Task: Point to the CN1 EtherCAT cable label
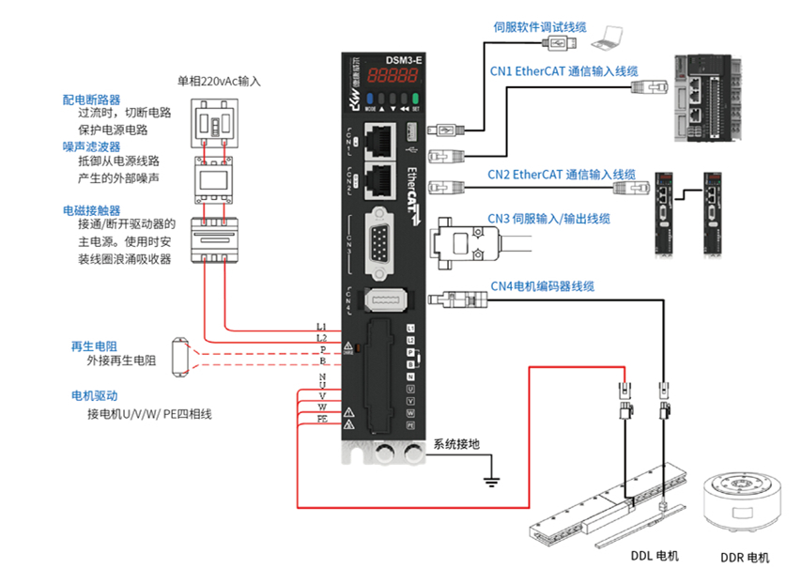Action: [x=563, y=70]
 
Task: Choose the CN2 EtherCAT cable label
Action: [x=561, y=175]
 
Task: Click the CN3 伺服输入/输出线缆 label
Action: [x=548, y=219]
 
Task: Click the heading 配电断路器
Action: [x=91, y=99]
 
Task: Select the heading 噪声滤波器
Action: [x=91, y=146]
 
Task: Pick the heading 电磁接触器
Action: [x=91, y=209]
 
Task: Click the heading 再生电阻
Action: [x=92, y=346]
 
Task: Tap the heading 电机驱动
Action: [x=92, y=395]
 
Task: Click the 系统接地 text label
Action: [x=455, y=446]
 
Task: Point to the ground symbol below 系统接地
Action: [x=489, y=482]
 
